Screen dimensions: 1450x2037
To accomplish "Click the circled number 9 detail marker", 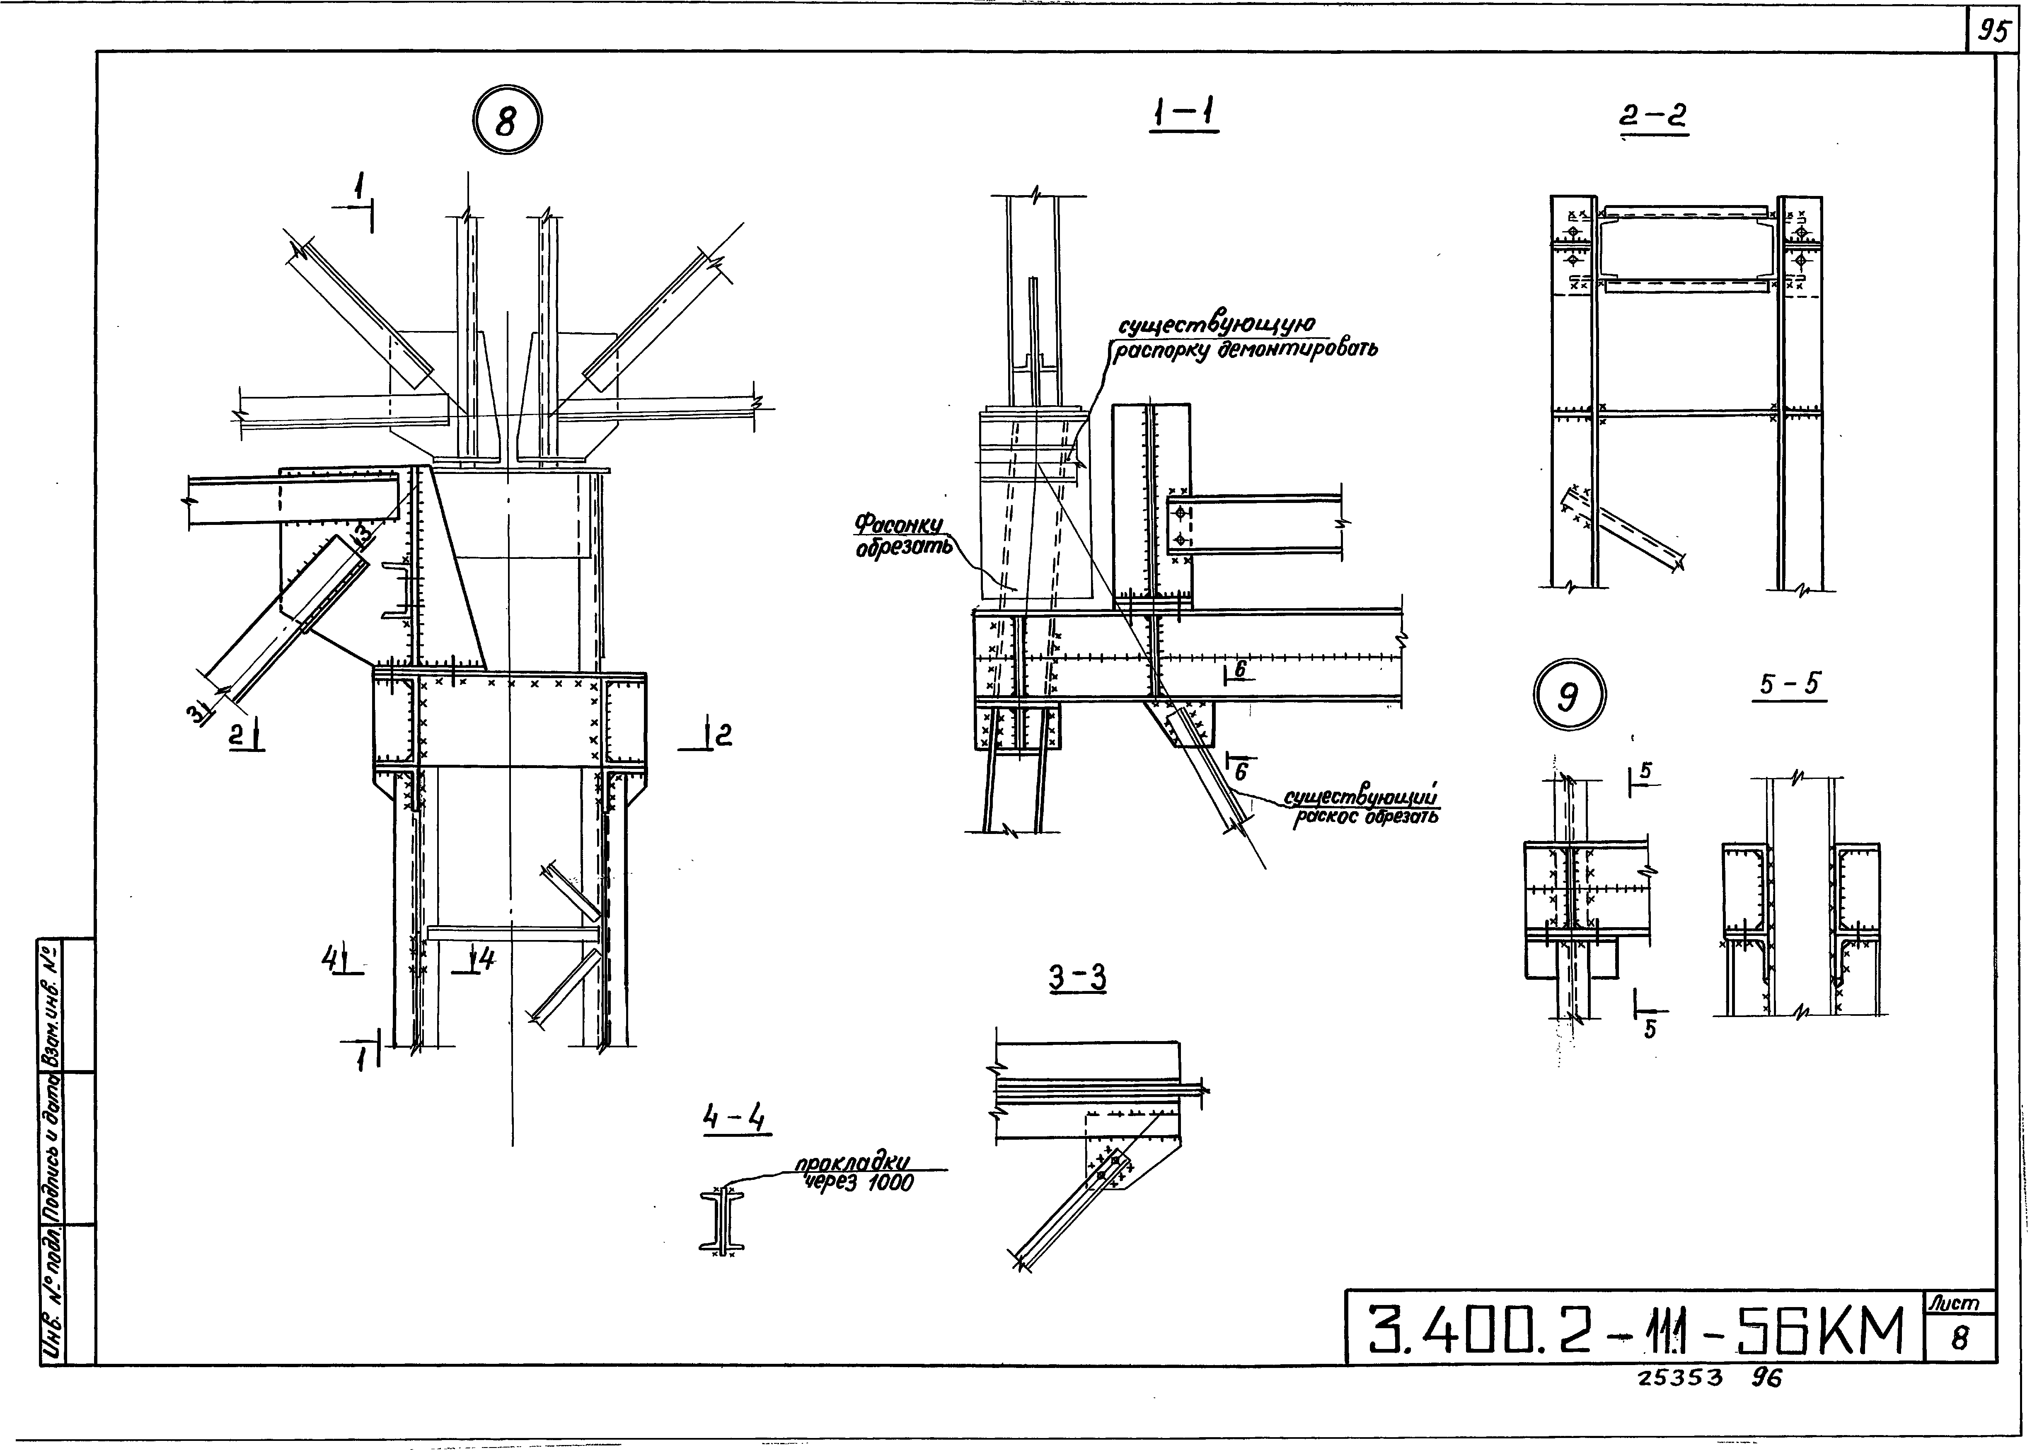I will pyautogui.click(x=1569, y=696).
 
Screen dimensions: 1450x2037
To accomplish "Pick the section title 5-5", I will pyautogui.click(x=1789, y=685).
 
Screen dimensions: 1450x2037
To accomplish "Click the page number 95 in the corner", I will pyautogui.click(x=1991, y=33).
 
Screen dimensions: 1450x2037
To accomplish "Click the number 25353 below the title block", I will pyautogui.click(x=1680, y=1377).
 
